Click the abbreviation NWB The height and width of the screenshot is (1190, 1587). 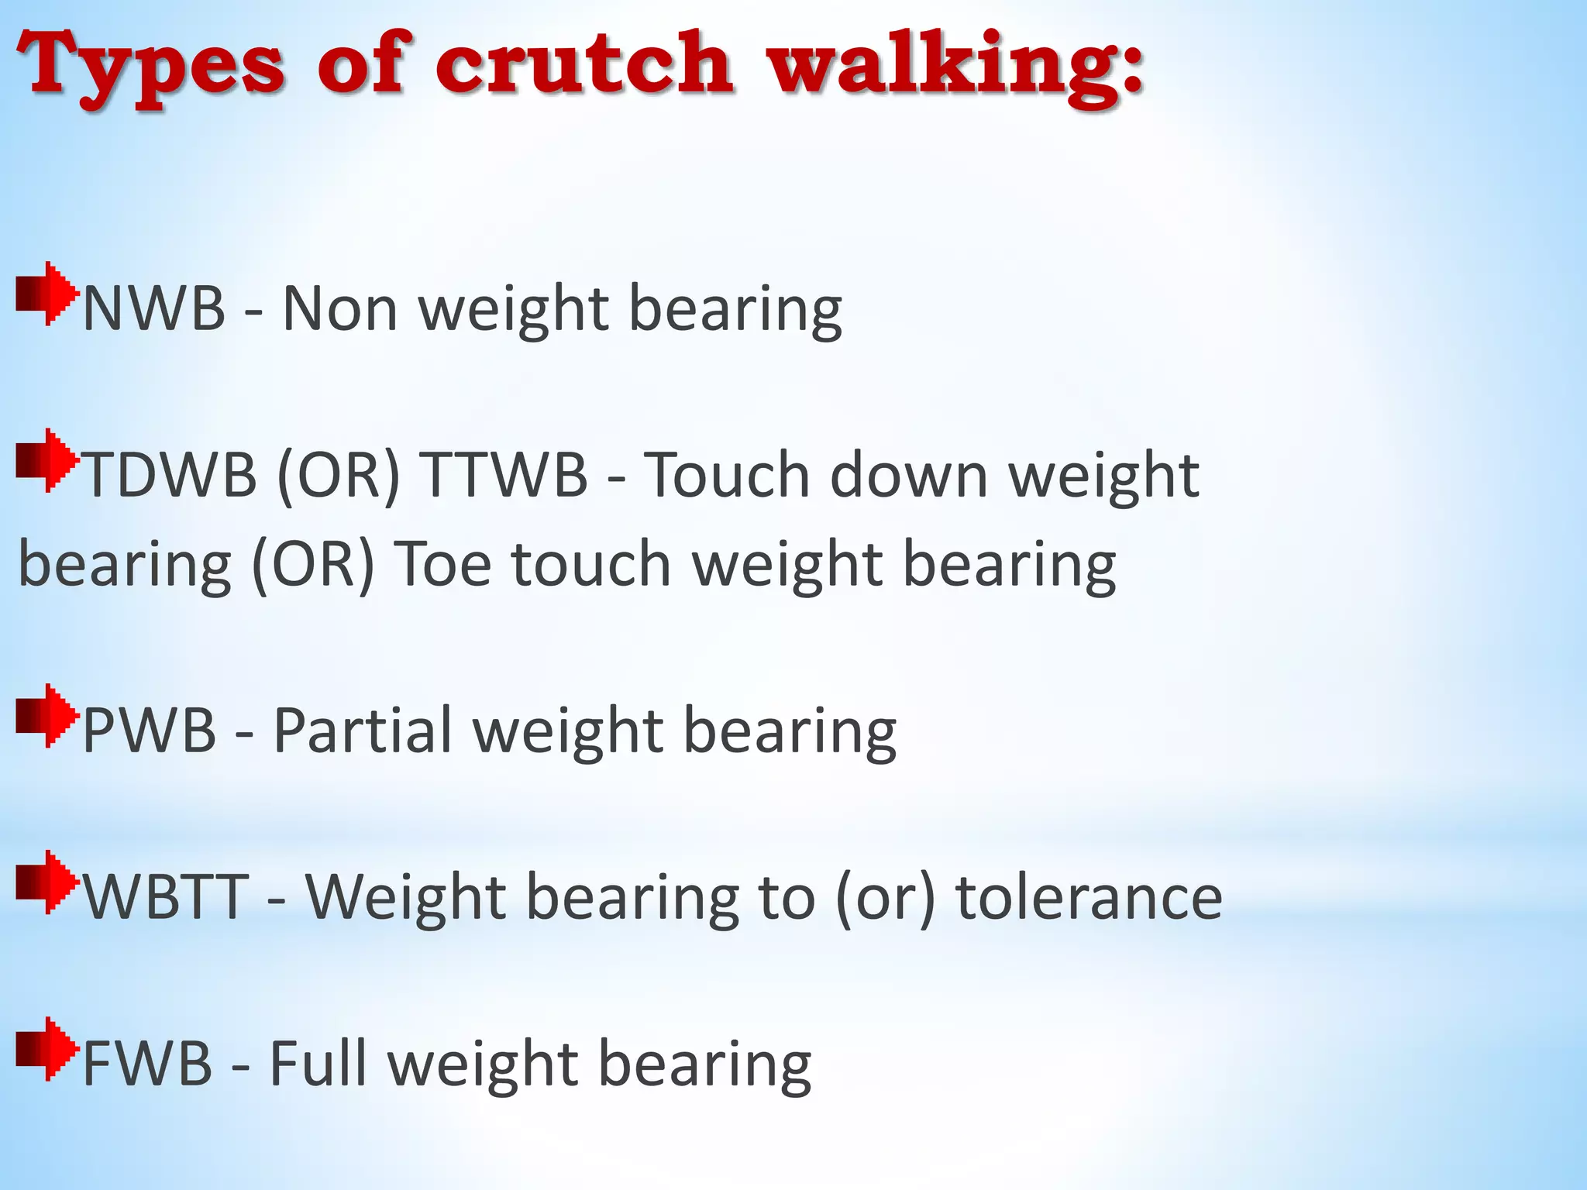153,308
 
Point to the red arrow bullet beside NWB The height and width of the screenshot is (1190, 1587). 47,294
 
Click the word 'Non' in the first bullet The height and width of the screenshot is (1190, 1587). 340,308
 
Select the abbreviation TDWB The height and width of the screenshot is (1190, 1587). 169,474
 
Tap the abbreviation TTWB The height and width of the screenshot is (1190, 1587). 504,474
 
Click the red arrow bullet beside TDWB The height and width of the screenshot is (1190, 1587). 47,461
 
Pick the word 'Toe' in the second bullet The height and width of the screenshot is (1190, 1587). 442,563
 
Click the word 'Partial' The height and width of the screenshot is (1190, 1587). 363,730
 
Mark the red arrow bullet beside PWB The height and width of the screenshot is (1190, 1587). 47,716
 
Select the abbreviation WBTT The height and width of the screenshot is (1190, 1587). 166,896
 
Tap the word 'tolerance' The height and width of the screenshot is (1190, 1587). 1089,896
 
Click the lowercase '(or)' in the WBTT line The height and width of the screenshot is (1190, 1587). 885,896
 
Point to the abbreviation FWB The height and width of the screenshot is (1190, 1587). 146,1063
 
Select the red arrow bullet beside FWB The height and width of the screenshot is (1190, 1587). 47,1049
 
